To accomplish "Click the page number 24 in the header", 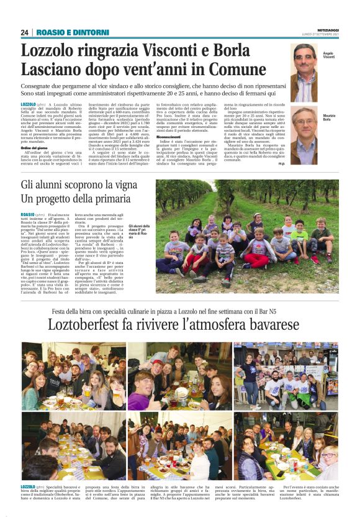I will pyautogui.click(x=25, y=32).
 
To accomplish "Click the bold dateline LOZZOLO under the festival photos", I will pyautogui.click(x=28, y=486).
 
